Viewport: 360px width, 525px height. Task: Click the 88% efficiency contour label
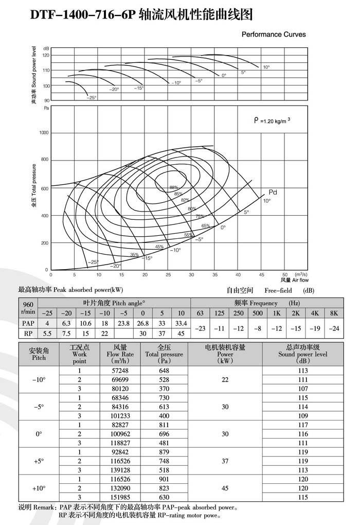click(x=173, y=187)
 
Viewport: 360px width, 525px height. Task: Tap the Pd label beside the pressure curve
click(x=273, y=192)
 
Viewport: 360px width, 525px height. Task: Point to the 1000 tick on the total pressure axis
click(x=43, y=133)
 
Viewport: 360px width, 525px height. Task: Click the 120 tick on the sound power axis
click(x=46, y=55)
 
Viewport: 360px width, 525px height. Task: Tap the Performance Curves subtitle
click(x=274, y=34)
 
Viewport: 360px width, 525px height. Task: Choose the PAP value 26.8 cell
click(x=143, y=323)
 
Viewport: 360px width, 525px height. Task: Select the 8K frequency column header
click(x=334, y=313)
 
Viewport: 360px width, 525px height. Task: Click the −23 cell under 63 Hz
click(x=200, y=328)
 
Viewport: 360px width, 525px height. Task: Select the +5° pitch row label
click(x=39, y=461)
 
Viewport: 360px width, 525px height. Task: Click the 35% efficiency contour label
click(x=134, y=254)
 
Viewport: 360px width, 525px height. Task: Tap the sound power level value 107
click(x=302, y=388)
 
